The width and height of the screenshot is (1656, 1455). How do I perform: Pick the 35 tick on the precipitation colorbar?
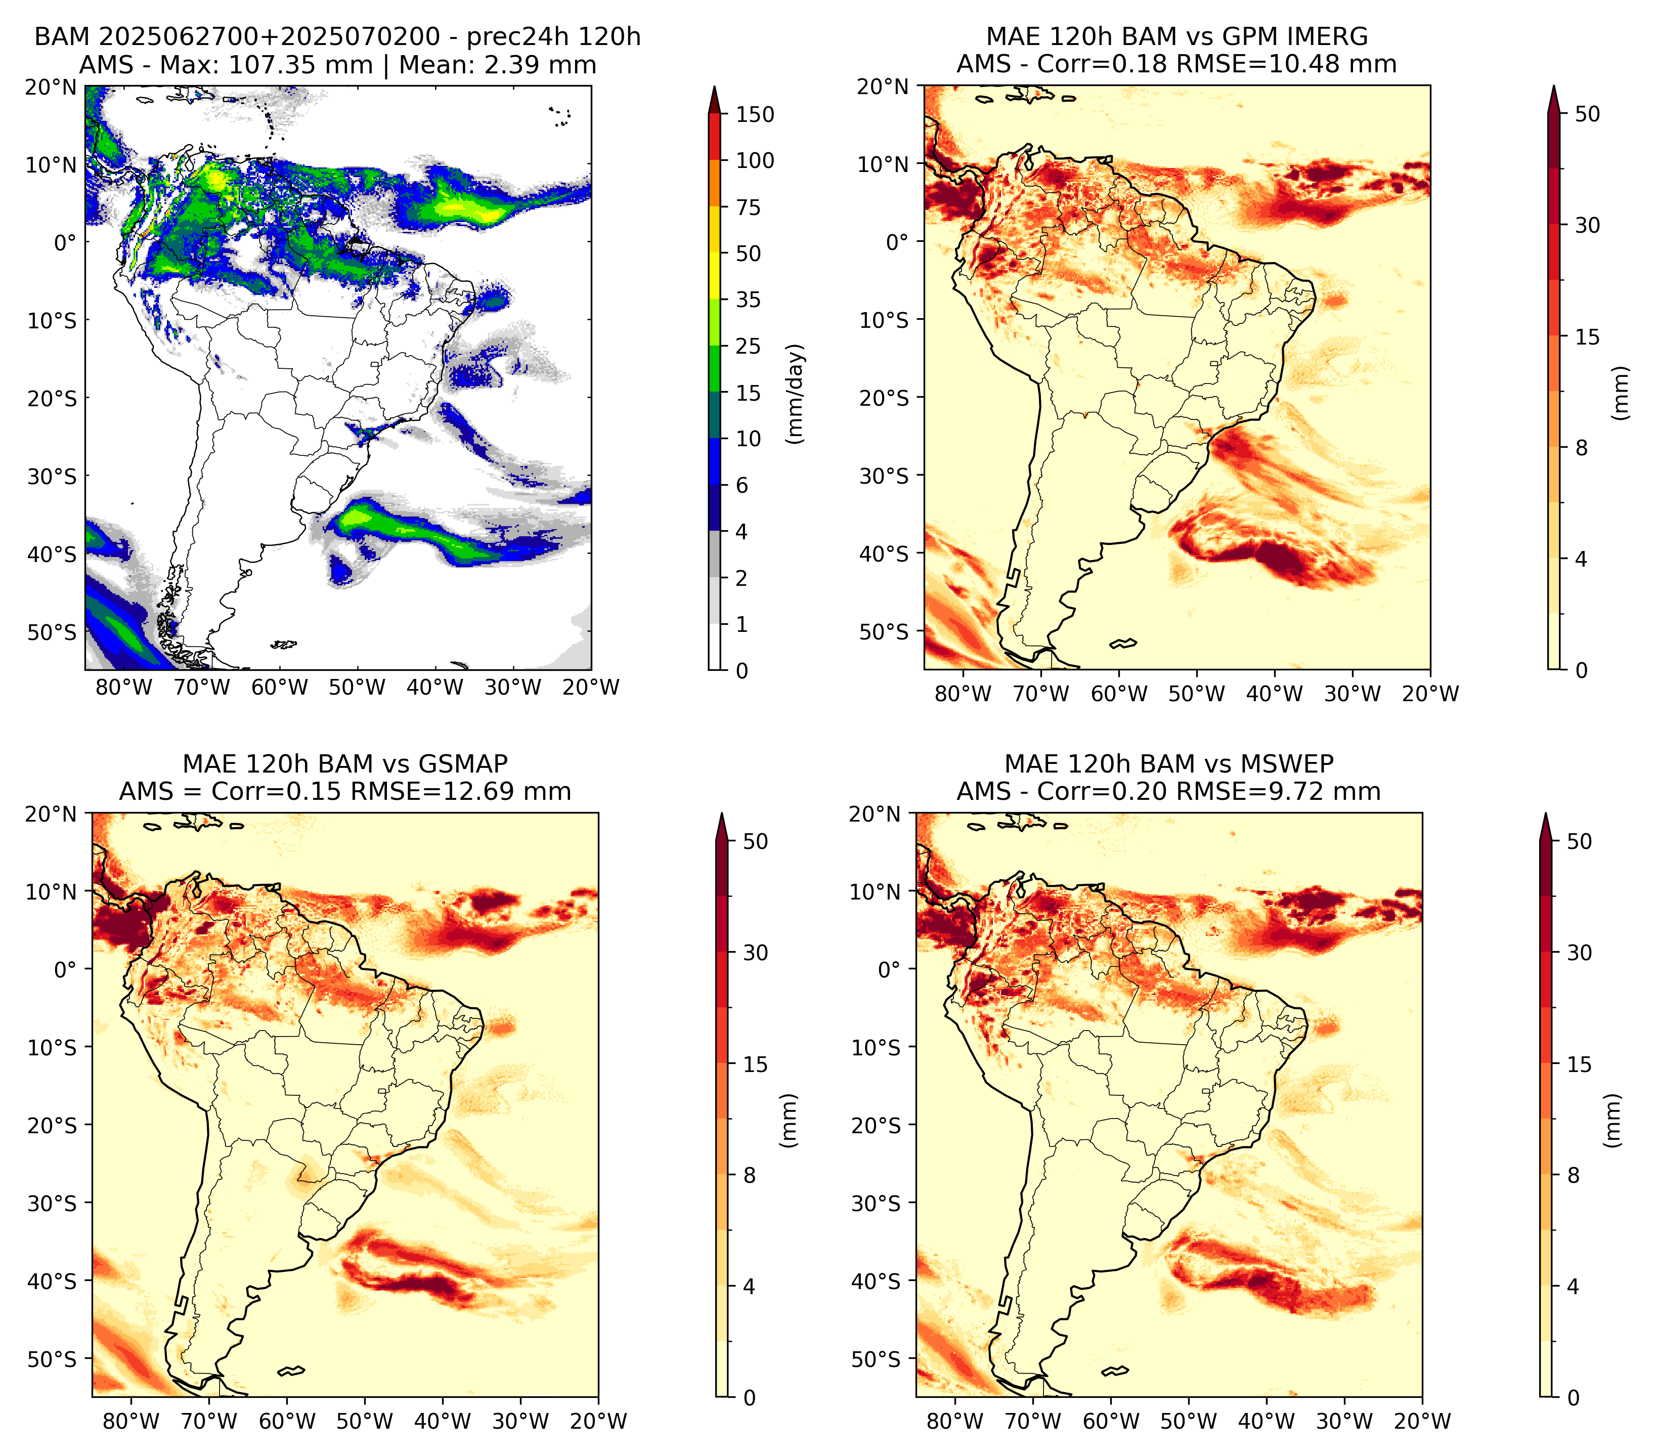749,299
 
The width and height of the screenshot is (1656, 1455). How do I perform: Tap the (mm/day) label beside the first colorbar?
796,393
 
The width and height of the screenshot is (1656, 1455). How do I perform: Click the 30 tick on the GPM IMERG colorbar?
1588,225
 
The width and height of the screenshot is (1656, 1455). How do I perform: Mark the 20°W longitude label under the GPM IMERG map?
1430,694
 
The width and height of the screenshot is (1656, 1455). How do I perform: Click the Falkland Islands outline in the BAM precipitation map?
284,645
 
